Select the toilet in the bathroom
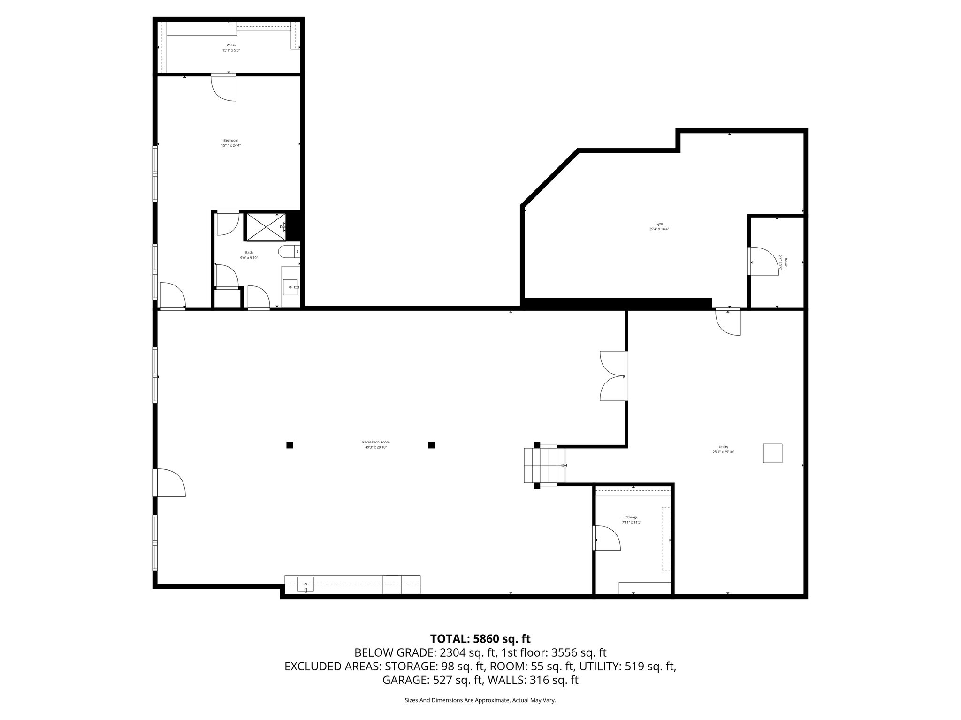point(288,252)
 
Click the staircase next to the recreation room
point(544,465)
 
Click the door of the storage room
point(606,538)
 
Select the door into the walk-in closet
point(224,87)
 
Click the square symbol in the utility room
point(772,453)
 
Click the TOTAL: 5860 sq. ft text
point(480,639)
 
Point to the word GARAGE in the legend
point(403,680)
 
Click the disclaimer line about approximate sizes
point(480,700)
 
